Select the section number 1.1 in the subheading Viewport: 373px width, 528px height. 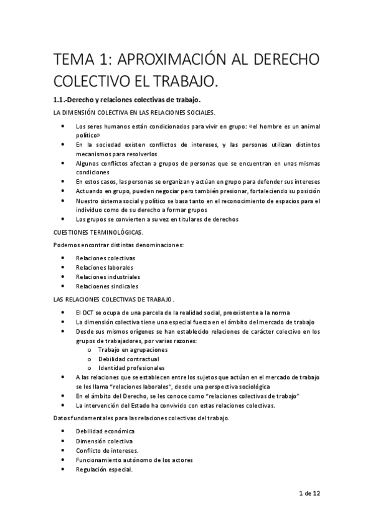[x=61, y=100]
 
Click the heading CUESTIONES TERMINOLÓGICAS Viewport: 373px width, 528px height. [x=98, y=232]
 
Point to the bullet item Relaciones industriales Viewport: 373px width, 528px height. [x=108, y=276]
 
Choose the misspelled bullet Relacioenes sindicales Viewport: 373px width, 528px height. [x=107, y=286]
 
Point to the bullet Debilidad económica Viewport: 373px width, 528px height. [x=105, y=431]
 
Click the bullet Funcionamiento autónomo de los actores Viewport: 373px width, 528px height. [x=134, y=460]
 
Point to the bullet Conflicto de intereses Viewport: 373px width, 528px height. [x=107, y=450]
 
